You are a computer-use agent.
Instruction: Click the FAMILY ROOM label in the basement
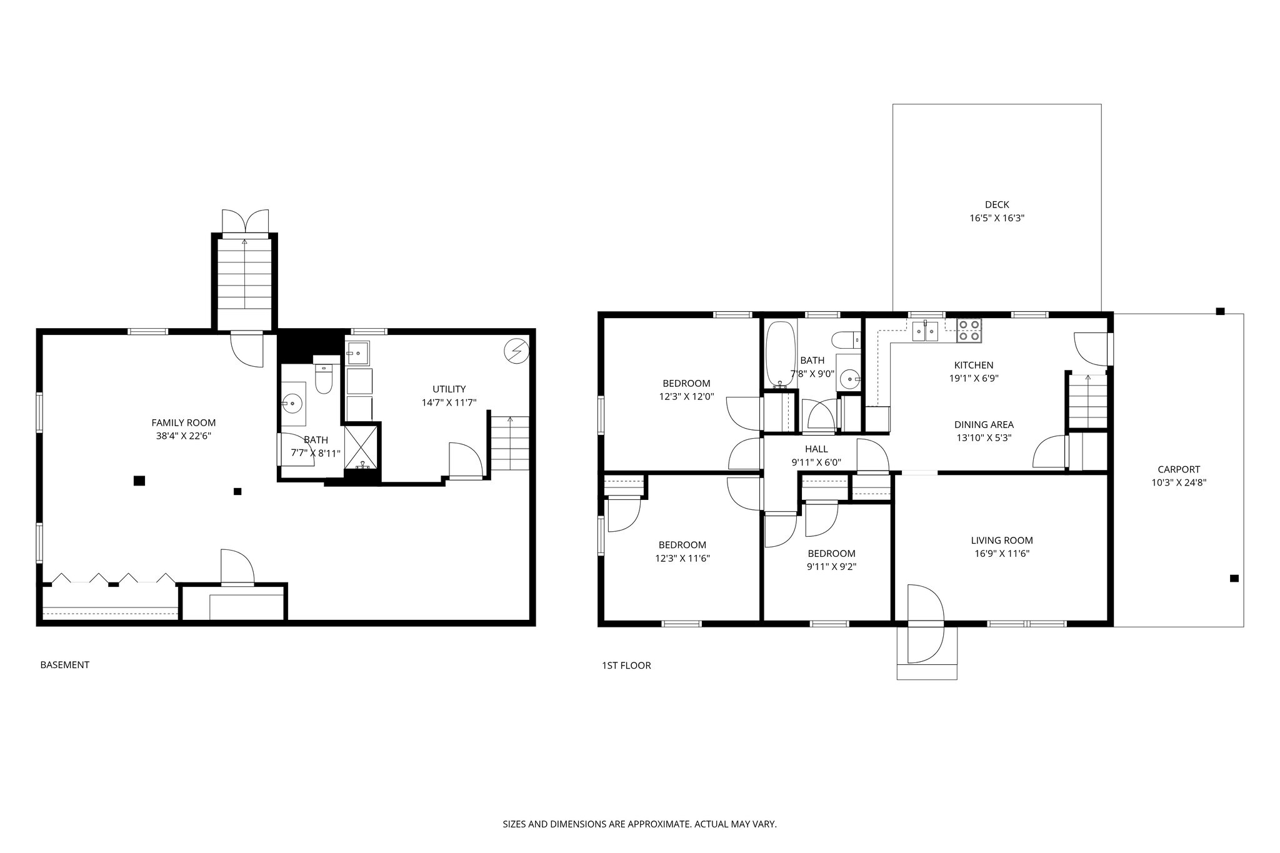[183, 423]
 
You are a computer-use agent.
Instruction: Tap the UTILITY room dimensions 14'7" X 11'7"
[449, 403]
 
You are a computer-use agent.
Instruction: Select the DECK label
[997, 204]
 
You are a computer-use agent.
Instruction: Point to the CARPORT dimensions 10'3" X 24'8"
[1179, 482]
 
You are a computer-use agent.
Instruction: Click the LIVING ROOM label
[1002, 541]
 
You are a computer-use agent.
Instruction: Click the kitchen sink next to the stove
[926, 331]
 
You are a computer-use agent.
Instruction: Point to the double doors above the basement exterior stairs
[247, 222]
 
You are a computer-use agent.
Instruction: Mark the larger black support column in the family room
[139, 481]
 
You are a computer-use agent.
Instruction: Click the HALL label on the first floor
[816, 449]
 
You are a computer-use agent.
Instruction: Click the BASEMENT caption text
[65, 665]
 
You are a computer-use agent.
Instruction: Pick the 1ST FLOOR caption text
[626, 666]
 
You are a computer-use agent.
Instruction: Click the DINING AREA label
[984, 425]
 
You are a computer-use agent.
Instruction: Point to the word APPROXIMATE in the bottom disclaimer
[660, 824]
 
